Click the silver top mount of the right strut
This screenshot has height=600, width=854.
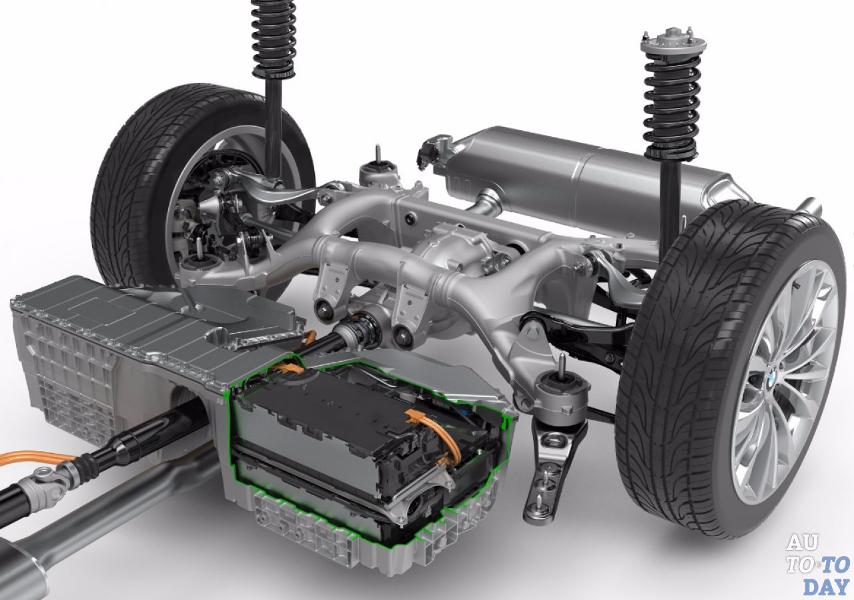(x=673, y=43)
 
